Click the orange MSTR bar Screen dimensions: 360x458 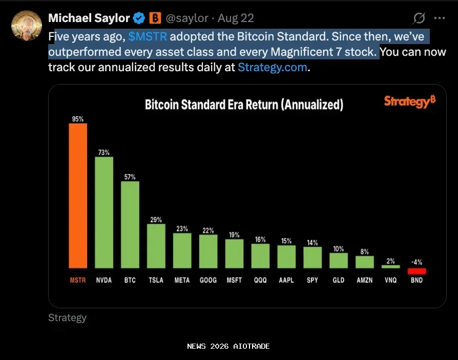[78, 196]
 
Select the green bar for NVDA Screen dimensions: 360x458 [104, 212]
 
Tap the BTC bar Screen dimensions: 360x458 [130, 224]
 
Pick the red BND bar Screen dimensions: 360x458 [417, 271]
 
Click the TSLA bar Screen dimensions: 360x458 [156, 246]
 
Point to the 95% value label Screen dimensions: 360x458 [78, 119]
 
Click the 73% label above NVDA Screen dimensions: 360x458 [104, 152]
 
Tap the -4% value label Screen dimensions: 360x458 [417, 263]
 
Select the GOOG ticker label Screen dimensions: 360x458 [207, 280]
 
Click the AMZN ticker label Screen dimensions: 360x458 [365, 280]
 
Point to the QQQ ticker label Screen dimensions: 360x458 [260, 280]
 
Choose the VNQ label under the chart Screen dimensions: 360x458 [391, 280]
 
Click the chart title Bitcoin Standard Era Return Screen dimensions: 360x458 [244, 105]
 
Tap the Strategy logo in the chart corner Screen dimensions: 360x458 [409, 101]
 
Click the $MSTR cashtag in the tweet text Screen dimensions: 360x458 [148, 37]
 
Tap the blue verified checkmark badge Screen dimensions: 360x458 [139, 18]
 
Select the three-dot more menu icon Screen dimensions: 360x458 [439, 18]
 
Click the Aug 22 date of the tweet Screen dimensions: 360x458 [236, 18]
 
